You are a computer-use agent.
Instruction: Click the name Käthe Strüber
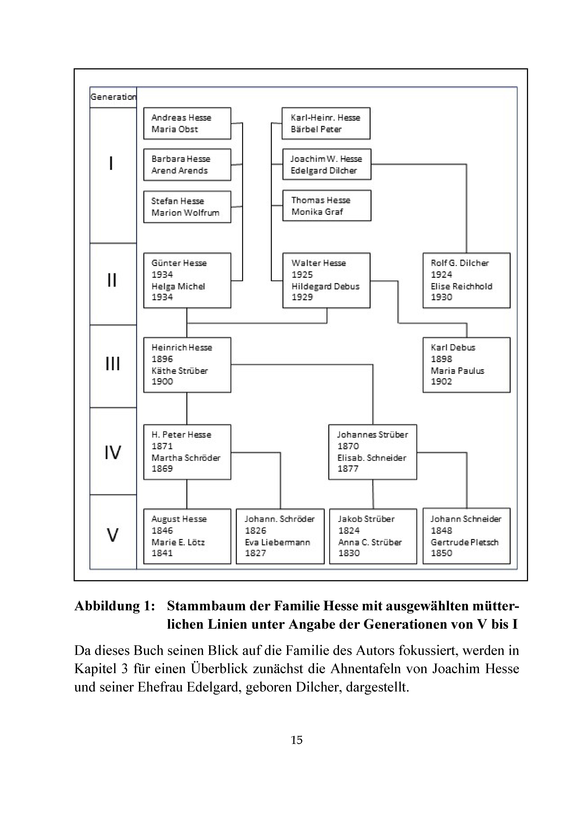[x=179, y=371]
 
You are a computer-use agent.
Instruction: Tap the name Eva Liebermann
[x=277, y=542]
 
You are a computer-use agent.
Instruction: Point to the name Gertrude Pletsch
[x=464, y=542]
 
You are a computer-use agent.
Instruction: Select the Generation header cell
[x=113, y=97]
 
